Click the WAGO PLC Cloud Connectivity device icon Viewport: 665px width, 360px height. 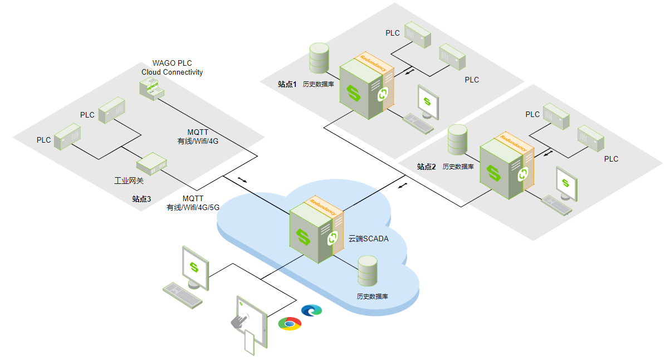point(151,89)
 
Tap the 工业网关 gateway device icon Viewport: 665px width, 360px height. point(151,163)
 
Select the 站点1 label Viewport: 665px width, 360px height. point(287,84)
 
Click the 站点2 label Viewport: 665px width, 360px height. point(426,167)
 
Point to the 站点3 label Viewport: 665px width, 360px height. point(141,198)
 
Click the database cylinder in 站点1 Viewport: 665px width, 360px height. point(319,58)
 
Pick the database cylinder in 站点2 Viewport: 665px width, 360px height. point(458,140)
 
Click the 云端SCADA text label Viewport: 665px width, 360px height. point(368,239)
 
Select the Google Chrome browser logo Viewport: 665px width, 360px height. point(290,323)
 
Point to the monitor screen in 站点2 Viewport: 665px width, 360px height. point(566,183)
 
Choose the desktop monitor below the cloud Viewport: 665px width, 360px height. point(195,266)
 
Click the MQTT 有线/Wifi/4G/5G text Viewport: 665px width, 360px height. point(193,203)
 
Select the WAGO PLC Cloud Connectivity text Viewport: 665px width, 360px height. point(172,68)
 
